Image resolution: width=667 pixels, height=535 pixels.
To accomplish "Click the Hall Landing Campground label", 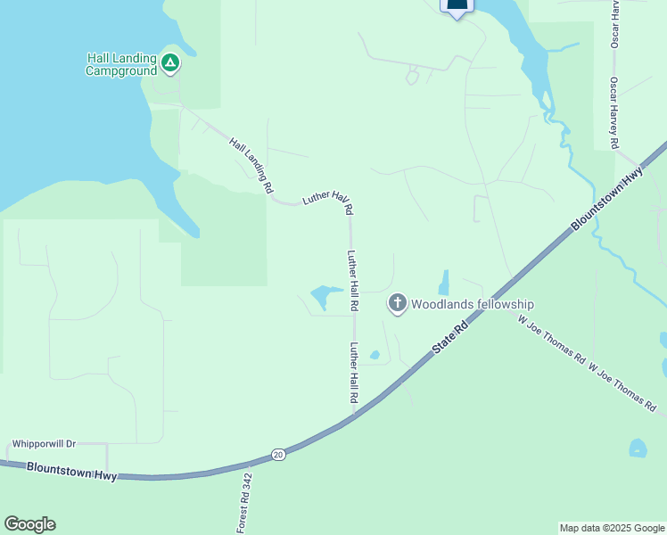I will click(x=121, y=64).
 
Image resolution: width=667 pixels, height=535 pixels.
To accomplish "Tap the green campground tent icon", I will click(x=170, y=62).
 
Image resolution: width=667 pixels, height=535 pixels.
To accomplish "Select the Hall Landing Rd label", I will click(x=251, y=166).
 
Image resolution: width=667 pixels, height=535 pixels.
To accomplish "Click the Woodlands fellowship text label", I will click(x=472, y=304).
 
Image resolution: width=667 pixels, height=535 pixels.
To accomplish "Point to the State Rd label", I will click(x=451, y=340).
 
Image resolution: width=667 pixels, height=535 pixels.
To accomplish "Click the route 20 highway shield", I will click(x=279, y=454).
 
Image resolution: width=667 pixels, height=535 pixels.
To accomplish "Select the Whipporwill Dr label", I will click(x=45, y=443).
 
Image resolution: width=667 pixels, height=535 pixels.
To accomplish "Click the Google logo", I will click(x=29, y=524).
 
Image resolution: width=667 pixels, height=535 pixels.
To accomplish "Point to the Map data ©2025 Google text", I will click(x=613, y=528).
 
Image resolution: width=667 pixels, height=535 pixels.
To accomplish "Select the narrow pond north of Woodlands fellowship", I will click(x=443, y=284).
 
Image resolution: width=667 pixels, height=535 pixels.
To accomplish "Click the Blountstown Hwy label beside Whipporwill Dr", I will click(x=71, y=472).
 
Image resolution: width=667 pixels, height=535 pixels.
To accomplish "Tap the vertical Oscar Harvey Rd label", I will click(x=614, y=112).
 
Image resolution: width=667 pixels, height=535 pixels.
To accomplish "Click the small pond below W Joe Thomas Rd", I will click(x=638, y=448).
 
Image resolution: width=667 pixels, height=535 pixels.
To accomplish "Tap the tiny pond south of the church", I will click(x=375, y=355).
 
